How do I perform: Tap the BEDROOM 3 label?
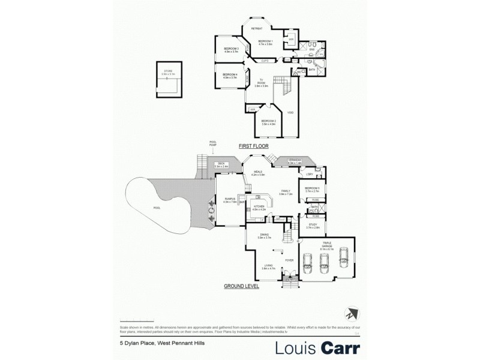click(x=232, y=49)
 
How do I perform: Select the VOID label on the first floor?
click(x=290, y=113)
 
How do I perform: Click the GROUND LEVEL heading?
click(x=241, y=287)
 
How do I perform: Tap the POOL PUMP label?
click(x=212, y=143)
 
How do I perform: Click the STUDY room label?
click(x=312, y=226)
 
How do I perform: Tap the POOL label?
click(x=157, y=208)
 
